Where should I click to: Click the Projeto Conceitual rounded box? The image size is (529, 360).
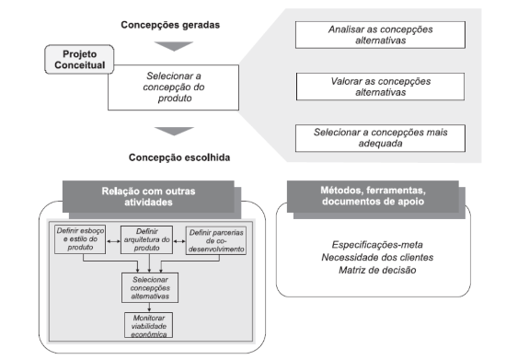[x=79, y=59]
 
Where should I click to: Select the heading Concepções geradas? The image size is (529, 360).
[x=170, y=25]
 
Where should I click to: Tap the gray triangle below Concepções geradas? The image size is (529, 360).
[x=174, y=46]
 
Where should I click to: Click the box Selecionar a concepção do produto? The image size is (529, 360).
[x=173, y=87]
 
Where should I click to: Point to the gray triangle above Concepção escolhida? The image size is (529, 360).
[x=174, y=131]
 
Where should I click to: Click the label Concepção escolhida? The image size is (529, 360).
[x=179, y=157]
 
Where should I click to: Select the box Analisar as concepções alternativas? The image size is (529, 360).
[x=380, y=35]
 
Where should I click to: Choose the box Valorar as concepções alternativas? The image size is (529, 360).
[x=380, y=87]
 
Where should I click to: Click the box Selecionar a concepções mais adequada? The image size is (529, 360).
[x=380, y=138]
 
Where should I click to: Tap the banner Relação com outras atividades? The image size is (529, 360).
[x=148, y=196]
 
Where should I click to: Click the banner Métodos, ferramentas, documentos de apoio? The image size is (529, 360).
[x=373, y=196]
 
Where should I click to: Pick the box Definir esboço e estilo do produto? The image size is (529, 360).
[x=80, y=239]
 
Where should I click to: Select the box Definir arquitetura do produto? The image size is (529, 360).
[x=147, y=239]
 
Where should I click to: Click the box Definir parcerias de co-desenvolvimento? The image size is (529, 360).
[x=216, y=240]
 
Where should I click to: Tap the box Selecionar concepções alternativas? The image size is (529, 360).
[x=150, y=288]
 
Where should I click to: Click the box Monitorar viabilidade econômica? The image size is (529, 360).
[x=149, y=325]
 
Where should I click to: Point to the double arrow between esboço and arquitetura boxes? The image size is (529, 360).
[x=113, y=241]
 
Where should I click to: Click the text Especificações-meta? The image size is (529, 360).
[x=377, y=245]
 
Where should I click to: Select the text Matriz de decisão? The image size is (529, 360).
[x=377, y=270]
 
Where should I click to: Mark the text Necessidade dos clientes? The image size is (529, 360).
[x=377, y=257]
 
